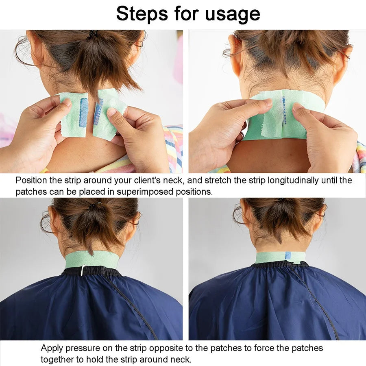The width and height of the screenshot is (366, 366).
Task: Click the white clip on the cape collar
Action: point(83,270)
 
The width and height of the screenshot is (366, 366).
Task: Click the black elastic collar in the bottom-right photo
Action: point(281,264)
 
